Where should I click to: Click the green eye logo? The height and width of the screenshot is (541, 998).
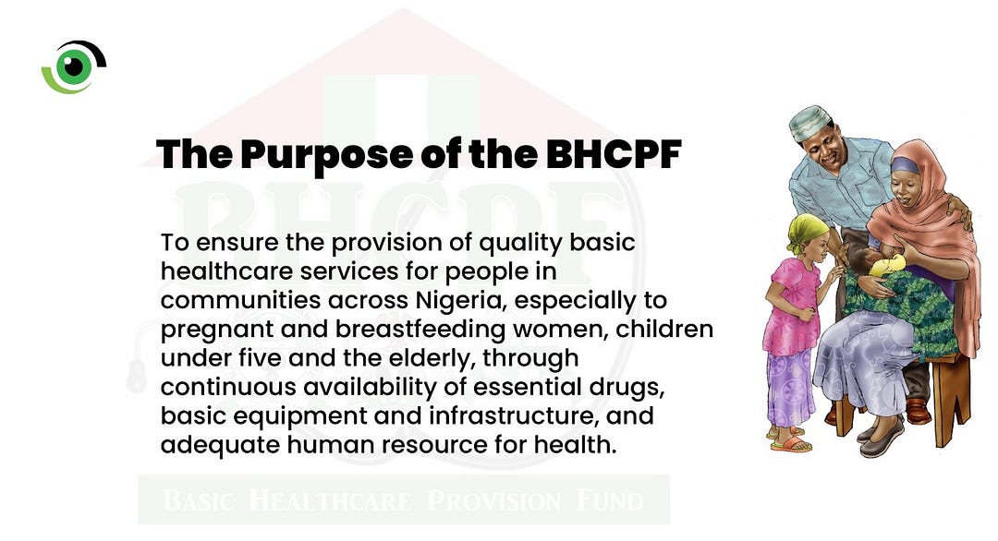coord(74,66)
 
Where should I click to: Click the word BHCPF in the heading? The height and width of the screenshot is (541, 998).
coord(615,154)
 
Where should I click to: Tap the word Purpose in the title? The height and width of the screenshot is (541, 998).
coord(326,155)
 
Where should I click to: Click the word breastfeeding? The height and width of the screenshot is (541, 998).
coord(420,330)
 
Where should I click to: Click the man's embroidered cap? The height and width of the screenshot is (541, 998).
coord(810,123)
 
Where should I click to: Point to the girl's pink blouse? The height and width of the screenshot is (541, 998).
coord(792,307)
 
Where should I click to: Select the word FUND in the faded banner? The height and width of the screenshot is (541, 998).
coord(610,500)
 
